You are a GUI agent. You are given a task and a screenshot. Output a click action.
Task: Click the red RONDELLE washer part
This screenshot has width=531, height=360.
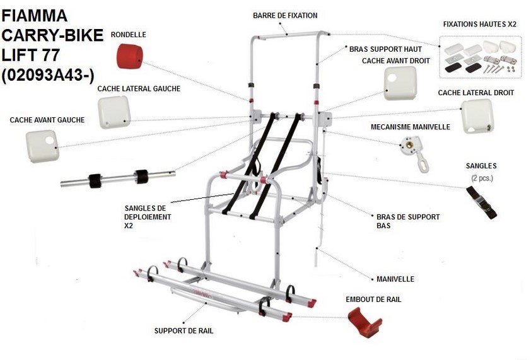(130, 55)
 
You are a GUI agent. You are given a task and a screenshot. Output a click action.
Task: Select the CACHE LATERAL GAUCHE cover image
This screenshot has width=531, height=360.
(114, 112)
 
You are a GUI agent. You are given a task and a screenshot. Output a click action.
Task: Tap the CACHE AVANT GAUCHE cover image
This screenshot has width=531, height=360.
(42, 145)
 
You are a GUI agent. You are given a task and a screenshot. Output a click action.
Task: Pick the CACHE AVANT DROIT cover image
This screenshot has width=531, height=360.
(400, 83)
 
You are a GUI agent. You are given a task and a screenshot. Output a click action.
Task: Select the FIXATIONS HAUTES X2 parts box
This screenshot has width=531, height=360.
(480, 57)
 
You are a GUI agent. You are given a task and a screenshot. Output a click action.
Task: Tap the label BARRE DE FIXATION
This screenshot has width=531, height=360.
(285, 15)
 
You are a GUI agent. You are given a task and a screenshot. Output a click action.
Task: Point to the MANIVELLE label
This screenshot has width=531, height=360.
(395, 279)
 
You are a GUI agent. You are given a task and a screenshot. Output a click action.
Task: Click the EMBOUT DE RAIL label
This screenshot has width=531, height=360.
(373, 299)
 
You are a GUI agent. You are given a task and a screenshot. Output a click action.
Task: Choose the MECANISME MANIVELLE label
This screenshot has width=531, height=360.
(410, 127)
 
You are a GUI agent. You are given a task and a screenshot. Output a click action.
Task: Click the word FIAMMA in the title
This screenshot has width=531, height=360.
(35, 15)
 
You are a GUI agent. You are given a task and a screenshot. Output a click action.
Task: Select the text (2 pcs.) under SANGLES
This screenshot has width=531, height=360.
(482, 178)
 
